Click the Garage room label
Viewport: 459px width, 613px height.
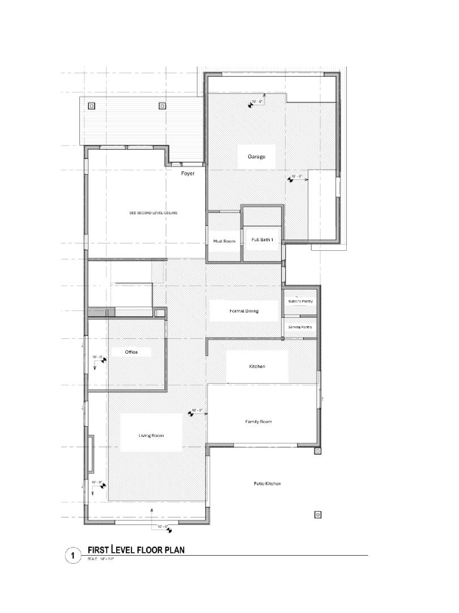[x=256, y=157]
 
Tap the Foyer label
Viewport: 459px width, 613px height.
[x=188, y=173]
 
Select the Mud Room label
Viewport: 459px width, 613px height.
[x=224, y=241]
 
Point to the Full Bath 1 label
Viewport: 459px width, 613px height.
[x=262, y=240]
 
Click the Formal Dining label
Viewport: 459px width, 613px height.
[x=245, y=311]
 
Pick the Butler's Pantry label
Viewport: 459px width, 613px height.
[x=300, y=301]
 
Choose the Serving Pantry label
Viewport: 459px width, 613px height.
[x=300, y=328]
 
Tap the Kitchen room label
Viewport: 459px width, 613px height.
[x=257, y=367]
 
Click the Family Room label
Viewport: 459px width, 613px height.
[x=258, y=422]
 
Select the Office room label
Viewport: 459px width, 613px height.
[x=131, y=352]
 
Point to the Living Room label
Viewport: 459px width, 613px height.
[x=151, y=435]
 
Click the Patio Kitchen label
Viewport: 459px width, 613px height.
[x=267, y=484]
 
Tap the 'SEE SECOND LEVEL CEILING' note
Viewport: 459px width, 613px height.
[x=154, y=213]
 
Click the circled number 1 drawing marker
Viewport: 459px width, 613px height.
[x=73, y=555]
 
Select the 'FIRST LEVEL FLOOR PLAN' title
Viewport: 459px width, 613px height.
[x=136, y=549]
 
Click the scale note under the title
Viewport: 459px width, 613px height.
[x=101, y=560]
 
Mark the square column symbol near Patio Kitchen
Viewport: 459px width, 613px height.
[x=318, y=515]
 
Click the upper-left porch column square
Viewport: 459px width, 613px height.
[x=92, y=106]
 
